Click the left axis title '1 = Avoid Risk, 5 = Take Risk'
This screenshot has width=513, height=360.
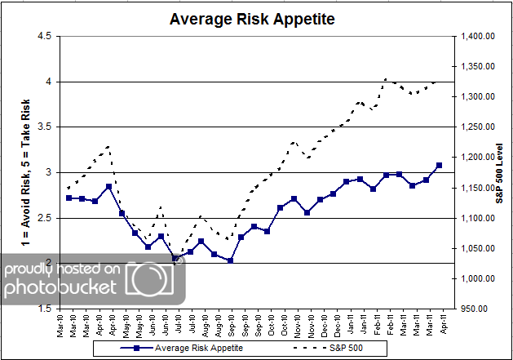coord(18,172)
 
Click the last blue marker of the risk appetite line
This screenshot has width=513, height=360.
coord(439,165)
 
